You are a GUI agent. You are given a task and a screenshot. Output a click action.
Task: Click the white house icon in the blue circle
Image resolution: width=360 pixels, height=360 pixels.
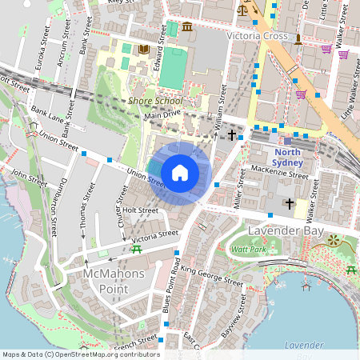pos(180,172)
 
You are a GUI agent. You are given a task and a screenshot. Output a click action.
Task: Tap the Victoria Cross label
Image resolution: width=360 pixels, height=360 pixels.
pos(257,36)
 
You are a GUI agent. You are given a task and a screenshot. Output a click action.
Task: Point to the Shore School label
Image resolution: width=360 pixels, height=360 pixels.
pos(155,102)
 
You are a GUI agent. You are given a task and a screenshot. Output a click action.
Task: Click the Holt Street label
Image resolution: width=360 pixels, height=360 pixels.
pos(140,211)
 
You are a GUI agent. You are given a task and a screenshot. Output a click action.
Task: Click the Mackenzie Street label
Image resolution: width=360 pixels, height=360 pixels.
pos(278,174)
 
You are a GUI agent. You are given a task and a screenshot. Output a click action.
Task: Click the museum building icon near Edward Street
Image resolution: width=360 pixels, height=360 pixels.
pos(186,28)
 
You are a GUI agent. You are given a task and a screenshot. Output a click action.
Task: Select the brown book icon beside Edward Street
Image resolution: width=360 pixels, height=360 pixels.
pos(144,50)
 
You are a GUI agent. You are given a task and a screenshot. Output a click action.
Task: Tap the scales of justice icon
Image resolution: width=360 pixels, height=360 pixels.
pos(242,10)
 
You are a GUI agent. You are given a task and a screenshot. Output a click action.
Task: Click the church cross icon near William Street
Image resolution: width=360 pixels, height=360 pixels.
pos(232,135)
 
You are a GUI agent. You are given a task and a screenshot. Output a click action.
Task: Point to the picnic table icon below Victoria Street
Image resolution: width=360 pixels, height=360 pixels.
pos(138,250)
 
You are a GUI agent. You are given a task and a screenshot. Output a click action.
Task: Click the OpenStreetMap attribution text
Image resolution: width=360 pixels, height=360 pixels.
pos(80,354)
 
